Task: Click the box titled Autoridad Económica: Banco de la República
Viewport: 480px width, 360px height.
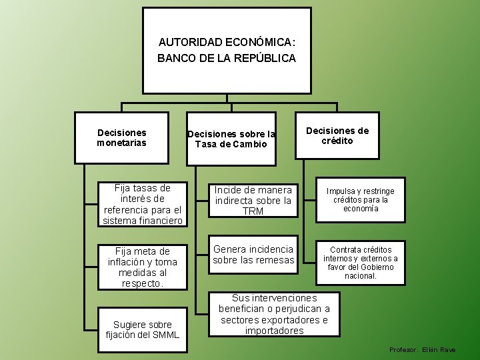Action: tap(227, 50)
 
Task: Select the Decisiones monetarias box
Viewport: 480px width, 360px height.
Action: tap(121, 138)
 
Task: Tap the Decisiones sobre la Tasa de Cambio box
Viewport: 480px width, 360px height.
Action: tap(231, 139)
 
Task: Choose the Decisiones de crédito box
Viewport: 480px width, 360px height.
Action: tap(337, 136)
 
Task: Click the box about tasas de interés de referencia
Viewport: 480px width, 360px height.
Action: tap(143, 204)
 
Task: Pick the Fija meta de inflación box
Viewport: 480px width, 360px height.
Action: tap(143, 267)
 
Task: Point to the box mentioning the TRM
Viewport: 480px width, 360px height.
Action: tap(253, 201)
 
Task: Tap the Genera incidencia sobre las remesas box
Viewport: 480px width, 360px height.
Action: tap(253, 255)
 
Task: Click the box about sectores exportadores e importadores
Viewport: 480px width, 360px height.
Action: tap(274, 314)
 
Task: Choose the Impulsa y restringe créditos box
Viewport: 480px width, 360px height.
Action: tap(360, 199)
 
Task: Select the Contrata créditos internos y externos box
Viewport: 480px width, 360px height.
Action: tap(360, 262)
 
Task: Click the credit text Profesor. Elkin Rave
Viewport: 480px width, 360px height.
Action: tap(423, 350)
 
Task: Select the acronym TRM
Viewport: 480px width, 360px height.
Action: tap(253, 211)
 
